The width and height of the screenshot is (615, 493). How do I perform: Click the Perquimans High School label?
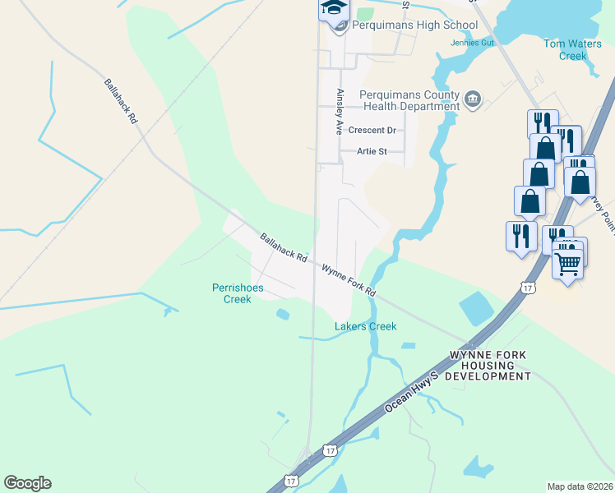click(x=414, y=25)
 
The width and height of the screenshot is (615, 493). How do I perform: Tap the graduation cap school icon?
click(x=335, y=8)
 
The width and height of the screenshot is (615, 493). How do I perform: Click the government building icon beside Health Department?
click(x=473, y=100)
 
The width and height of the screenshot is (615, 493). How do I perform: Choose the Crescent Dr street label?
click(x=372, y=131)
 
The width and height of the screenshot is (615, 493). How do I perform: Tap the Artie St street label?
click(x=372, y=151)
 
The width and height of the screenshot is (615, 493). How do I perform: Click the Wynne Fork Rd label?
click(x=349, y=280)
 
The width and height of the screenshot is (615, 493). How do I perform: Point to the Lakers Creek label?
click(x=365, y=327)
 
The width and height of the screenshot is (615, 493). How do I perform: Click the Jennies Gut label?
click(x=470, y=43)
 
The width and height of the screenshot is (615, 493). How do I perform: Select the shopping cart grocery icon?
click(x=567, y=265)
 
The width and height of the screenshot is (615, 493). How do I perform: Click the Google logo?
click(x=27, y=483)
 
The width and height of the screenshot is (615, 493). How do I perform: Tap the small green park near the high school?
click(x=365, y=13)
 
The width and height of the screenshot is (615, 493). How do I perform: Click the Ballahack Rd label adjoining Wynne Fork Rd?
click(x=283, y=247)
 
